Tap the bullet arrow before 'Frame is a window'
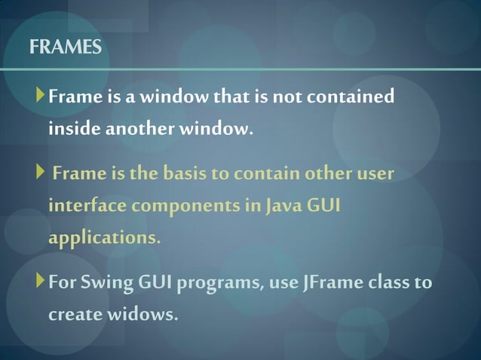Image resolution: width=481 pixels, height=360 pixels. point(40,96)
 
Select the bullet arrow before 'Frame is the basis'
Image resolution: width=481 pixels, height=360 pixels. point(40,174)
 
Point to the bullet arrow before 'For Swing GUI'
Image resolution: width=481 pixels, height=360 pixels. point(40,283)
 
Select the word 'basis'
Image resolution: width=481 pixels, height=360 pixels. point(183,175)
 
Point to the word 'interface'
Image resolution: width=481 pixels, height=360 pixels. point(84,206)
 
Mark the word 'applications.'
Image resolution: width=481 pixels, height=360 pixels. point(105,239)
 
